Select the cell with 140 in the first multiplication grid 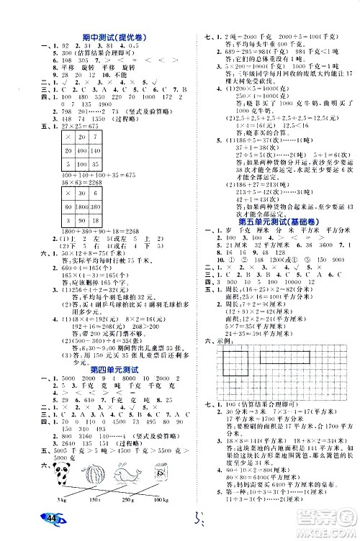tap(94, 152)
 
